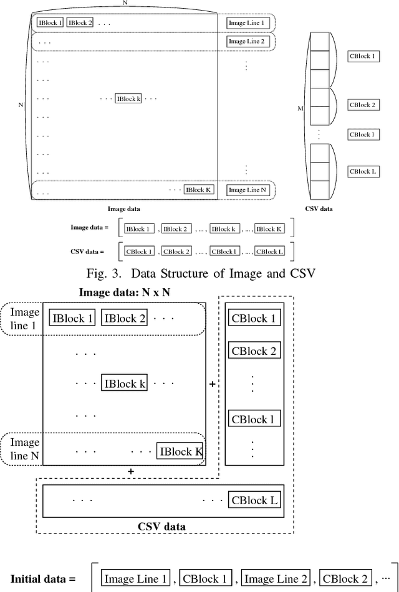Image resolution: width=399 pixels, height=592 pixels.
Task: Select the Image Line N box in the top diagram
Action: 247,190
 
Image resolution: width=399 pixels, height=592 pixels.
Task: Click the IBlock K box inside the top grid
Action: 199,190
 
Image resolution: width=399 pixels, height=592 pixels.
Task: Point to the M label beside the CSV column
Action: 300,109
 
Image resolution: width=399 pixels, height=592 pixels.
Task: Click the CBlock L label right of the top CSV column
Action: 362,171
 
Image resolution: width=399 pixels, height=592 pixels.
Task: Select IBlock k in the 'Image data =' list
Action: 224,229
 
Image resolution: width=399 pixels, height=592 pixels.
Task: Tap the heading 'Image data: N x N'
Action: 125,292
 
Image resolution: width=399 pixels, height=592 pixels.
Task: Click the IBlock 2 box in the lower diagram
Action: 125,319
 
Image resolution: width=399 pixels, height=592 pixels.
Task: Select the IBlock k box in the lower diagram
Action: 125,383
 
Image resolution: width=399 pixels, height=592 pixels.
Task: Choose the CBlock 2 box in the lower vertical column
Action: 254,350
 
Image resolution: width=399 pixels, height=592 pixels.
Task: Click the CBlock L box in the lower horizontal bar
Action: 254,499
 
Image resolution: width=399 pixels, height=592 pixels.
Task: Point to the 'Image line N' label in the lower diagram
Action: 26,449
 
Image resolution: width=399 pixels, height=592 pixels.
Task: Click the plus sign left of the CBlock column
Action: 212,385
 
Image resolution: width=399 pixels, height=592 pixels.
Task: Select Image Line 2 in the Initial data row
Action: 276,579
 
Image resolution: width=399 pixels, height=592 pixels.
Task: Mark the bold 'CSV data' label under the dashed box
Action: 161,526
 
